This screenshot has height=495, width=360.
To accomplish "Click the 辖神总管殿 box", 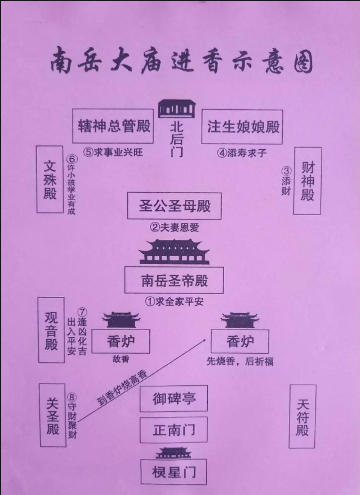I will click(113, 126).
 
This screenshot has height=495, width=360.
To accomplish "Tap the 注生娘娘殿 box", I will click(242, 127).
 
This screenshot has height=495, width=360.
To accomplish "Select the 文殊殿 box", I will click(50, 179).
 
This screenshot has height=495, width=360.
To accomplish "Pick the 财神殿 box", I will click(307, 181).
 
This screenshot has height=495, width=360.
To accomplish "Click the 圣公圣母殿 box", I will click(174, 206).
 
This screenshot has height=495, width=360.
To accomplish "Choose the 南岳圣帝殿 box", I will click(174, 280).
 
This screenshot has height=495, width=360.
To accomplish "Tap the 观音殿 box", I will click(51, 330).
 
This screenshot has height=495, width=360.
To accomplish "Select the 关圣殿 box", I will click(52, 415).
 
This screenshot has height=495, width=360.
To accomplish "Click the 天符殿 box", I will click(302, 416).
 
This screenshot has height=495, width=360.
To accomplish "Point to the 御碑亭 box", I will click(174, 398).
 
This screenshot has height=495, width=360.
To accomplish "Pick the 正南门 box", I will click(174, 430).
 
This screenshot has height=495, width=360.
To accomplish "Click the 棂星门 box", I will click(174, 472).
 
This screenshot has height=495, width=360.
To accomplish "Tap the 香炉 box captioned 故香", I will click(121, 341).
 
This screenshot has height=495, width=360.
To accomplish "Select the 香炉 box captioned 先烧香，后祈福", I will click(240, 341).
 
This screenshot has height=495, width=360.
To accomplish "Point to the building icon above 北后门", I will click(176, 108).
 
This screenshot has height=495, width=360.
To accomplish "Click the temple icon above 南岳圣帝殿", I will click(174, 252).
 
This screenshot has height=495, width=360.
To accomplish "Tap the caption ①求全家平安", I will click(174, 302).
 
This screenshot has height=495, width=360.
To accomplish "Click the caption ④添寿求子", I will click(242, 153).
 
